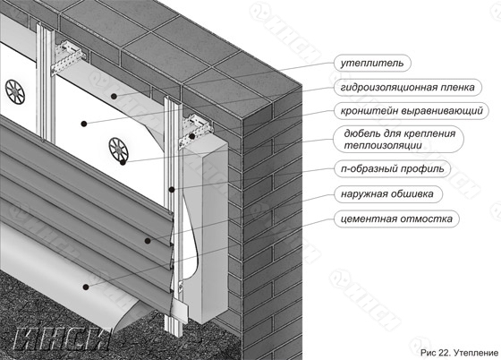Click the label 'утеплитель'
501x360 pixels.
(x=372, y=63)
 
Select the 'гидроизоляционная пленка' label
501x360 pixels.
(x=407, y=87)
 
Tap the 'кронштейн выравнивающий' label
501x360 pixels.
(x=412, y=111)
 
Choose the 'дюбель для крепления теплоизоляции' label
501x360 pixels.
(x=399, y=139)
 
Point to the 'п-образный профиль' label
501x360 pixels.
(x=393, y=168)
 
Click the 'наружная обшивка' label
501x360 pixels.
(x=386, y=193)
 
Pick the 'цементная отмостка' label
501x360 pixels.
(x=396, y=219)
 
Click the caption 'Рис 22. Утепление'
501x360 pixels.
(x=459, y=353)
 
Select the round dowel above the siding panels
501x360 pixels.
(x=118, y=150)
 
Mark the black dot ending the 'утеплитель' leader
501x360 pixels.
(x=114, y=96)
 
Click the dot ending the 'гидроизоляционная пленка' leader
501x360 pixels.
(x=84, y=124)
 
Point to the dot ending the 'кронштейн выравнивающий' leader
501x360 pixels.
(x=192, y=136)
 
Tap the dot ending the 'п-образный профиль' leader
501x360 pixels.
(x=172, y=190)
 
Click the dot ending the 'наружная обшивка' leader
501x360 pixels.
(x=148, y=241)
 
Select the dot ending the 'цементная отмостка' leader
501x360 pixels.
(x=86, y=287)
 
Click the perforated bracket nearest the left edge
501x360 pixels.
(x=68, y=57)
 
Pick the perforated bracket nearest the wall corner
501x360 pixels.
(x=196, y=131)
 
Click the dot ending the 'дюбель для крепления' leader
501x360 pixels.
(x=123, y=162)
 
